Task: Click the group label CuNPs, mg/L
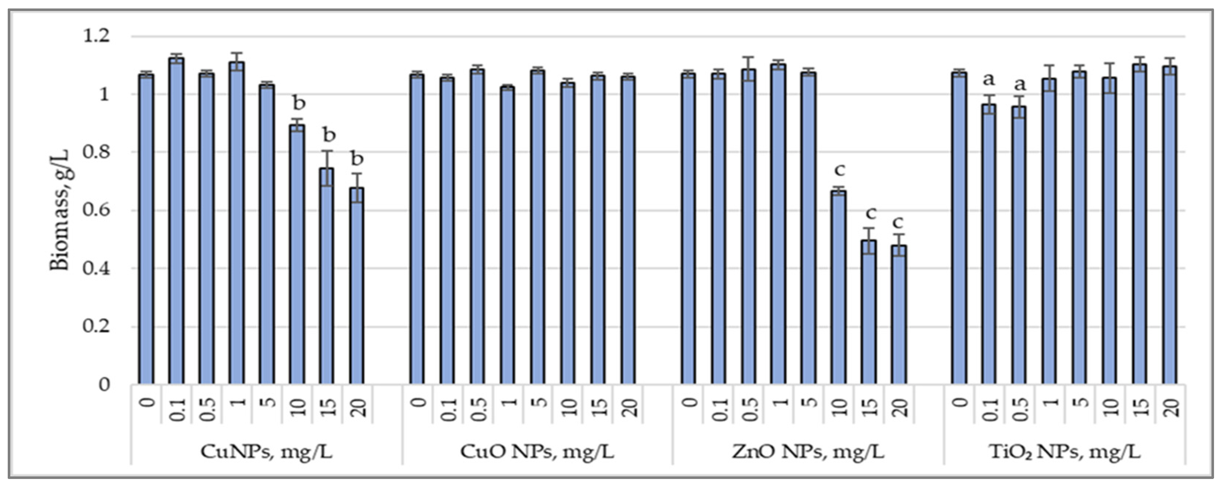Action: [267, 452]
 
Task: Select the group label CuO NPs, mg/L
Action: [537, 452]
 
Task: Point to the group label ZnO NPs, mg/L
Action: [808, 452]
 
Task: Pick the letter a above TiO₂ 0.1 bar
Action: [988, 79]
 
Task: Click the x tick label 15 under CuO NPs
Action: [598, 406]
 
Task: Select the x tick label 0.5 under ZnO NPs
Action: [748, 408]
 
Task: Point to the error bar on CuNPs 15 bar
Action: [327, 168]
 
